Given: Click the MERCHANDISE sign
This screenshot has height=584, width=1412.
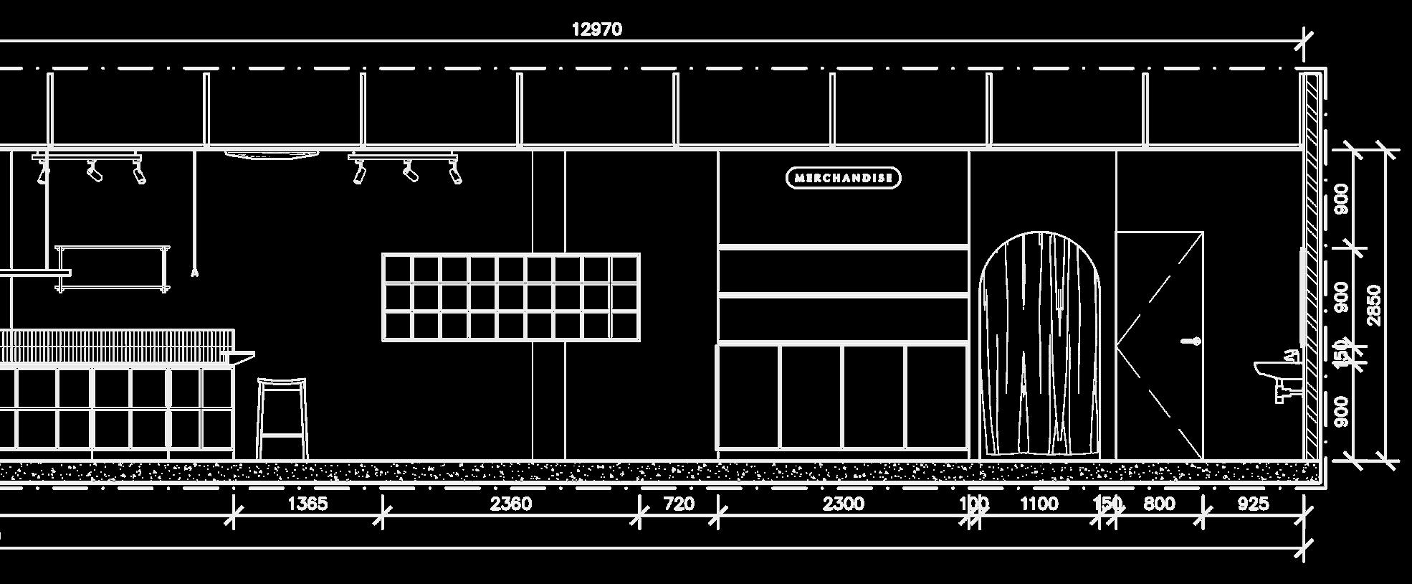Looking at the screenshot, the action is (843, 178).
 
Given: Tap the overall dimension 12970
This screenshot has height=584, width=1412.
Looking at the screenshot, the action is (596, 29).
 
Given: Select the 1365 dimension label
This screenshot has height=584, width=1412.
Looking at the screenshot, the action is (307, 504).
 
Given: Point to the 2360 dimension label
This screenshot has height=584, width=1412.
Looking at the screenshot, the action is (511, 504).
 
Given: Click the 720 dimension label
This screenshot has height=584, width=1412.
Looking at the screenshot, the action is (679, 504).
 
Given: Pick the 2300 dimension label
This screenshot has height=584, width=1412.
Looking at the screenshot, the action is (843, 504).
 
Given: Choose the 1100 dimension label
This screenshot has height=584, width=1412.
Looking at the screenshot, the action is (1039, 504).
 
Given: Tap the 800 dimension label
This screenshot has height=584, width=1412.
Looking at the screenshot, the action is (1159, 504).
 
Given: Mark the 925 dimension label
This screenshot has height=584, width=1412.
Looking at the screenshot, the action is (1253, 504).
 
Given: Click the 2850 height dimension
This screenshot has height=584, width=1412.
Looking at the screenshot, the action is (1374, 305).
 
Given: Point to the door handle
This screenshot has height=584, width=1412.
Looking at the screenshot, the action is (1193, 342).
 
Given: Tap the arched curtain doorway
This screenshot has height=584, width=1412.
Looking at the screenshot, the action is (1039, 344).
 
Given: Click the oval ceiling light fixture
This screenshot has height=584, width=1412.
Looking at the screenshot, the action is (271, 154).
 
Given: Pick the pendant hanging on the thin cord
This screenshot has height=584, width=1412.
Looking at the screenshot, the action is (194, 273).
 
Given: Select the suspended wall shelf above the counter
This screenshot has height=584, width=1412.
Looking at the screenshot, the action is (113, 268).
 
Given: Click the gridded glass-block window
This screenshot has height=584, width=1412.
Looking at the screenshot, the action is (511, 297).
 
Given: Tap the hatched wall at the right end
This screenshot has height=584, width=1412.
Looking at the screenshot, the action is (1312, 265).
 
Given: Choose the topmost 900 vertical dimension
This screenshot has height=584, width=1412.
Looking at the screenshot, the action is (1342, 199).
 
